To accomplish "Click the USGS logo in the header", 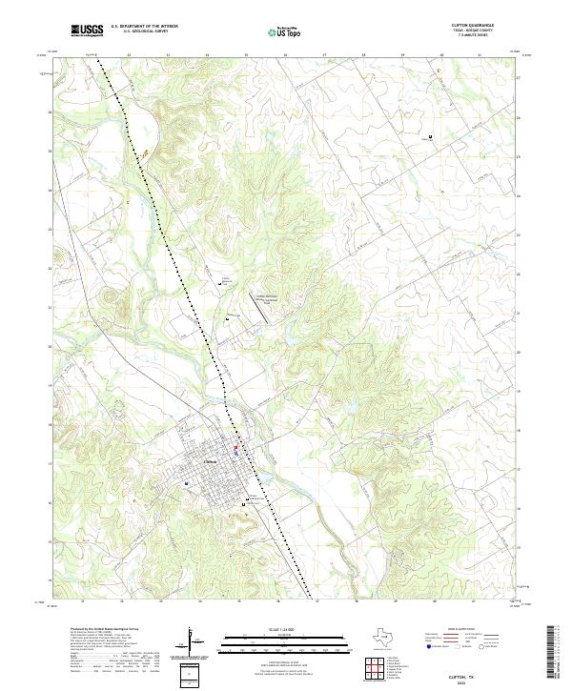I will [87, 30].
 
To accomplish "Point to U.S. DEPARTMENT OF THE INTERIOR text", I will [144, 27].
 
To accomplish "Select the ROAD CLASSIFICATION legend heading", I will [468, 630].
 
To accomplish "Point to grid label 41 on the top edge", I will [480, 55].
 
